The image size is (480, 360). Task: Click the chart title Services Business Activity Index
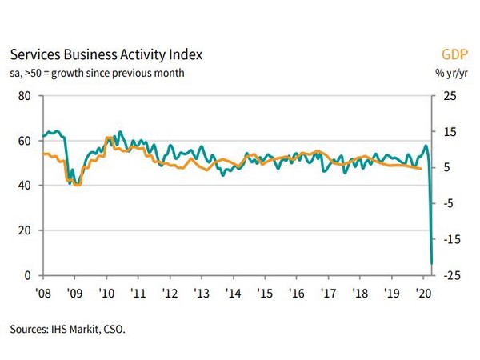pyautogui.click(x=105, y=55)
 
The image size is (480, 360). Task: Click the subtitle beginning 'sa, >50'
pyautogui.click(x=97, y=74)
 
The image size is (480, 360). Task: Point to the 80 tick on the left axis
pyautogui.click(x=24, y=96)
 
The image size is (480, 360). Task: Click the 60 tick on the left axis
pyautogui.click(x=24, y=141)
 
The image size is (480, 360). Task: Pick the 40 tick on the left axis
pyautogui.click(x=24, y=186)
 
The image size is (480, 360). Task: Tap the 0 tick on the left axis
pyautogui.click(x=27, y=275)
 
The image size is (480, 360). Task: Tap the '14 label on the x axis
pyautogui.click(x=233, y=292)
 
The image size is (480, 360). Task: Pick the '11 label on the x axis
pyautogui.click(x=138, y=292)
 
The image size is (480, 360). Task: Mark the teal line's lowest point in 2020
pyautogui.click(x=432, y=263)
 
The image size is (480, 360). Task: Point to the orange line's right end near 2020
pyautogui.click(x=422, y=168)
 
